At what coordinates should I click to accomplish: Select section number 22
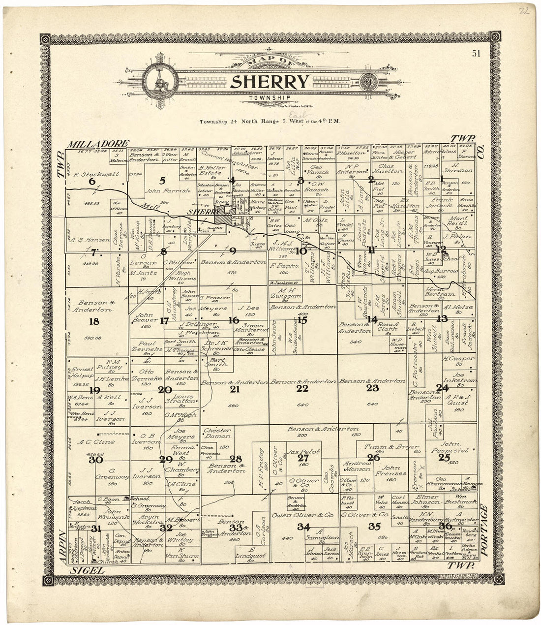pos(302,389)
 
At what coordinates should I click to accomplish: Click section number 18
pos(93,321)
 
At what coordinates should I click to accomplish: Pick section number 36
pos(445,526)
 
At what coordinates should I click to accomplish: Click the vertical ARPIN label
pos(62,546)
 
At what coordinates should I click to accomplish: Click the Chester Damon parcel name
pos(217,433)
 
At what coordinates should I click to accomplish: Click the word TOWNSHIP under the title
pos(269,97)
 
